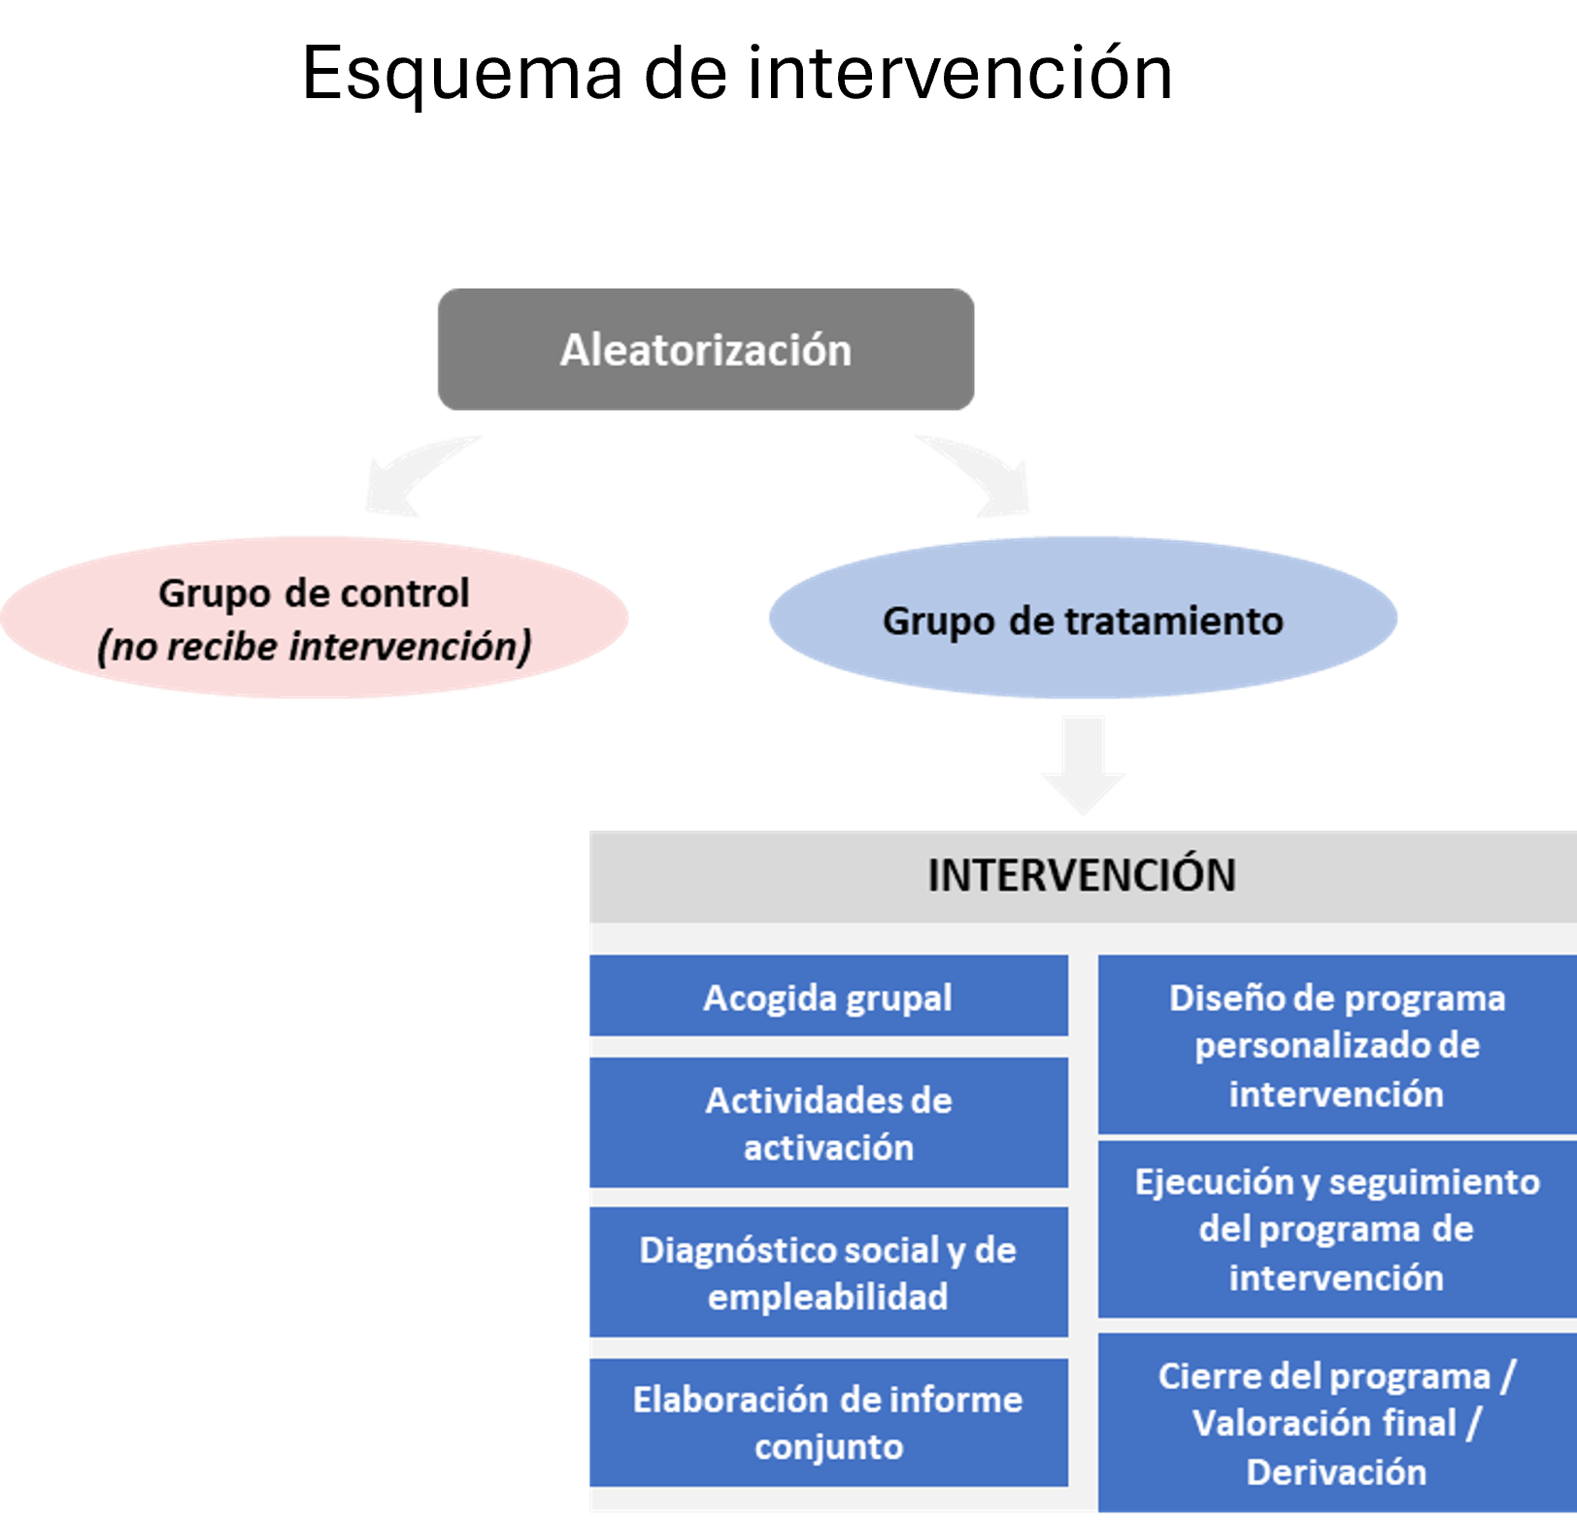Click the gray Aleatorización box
[706, 350]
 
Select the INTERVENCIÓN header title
[1082, 875]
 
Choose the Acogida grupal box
[828, 997]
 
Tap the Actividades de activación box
[828, 1124]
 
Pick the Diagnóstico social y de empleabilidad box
[828, 1272]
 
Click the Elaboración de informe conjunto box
[828, 1423]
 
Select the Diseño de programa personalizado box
[1337, 1045]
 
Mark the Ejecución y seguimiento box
[1337, 1229]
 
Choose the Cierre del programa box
[1337, 1423]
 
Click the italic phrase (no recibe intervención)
[314, 646]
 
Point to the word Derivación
[1336, 1472]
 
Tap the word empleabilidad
[827, 1298]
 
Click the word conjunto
[828, 1447]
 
